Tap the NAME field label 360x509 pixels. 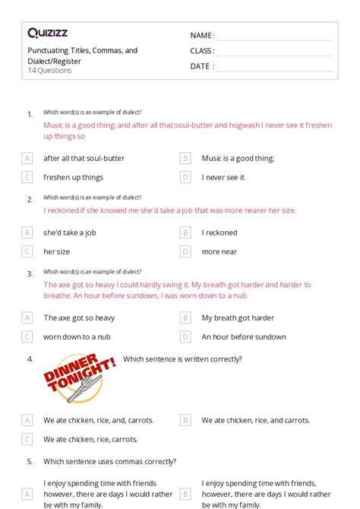pos(201,36)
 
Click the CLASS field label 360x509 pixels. pos(202,51)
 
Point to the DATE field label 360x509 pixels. pos(201,66)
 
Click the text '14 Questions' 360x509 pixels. pos(49,71)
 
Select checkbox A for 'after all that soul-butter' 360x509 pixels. pos(27,158)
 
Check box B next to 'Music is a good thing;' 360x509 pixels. pos(185,158)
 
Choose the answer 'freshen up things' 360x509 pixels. pos(73,177)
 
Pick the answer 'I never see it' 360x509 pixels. pos(223,177)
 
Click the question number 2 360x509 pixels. pos(30,200)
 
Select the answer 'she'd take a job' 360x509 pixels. pos(69,232)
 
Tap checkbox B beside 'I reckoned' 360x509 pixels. pos(185,232)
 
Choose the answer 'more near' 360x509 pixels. pos(219,251)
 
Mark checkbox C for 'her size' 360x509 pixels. pos(27,251)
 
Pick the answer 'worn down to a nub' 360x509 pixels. pos(77,337)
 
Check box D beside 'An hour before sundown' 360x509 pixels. pos(185,337)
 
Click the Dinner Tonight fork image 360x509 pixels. pos(81,378)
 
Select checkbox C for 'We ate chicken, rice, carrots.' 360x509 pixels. pos(27,439)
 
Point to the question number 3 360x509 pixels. pos(30,274)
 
